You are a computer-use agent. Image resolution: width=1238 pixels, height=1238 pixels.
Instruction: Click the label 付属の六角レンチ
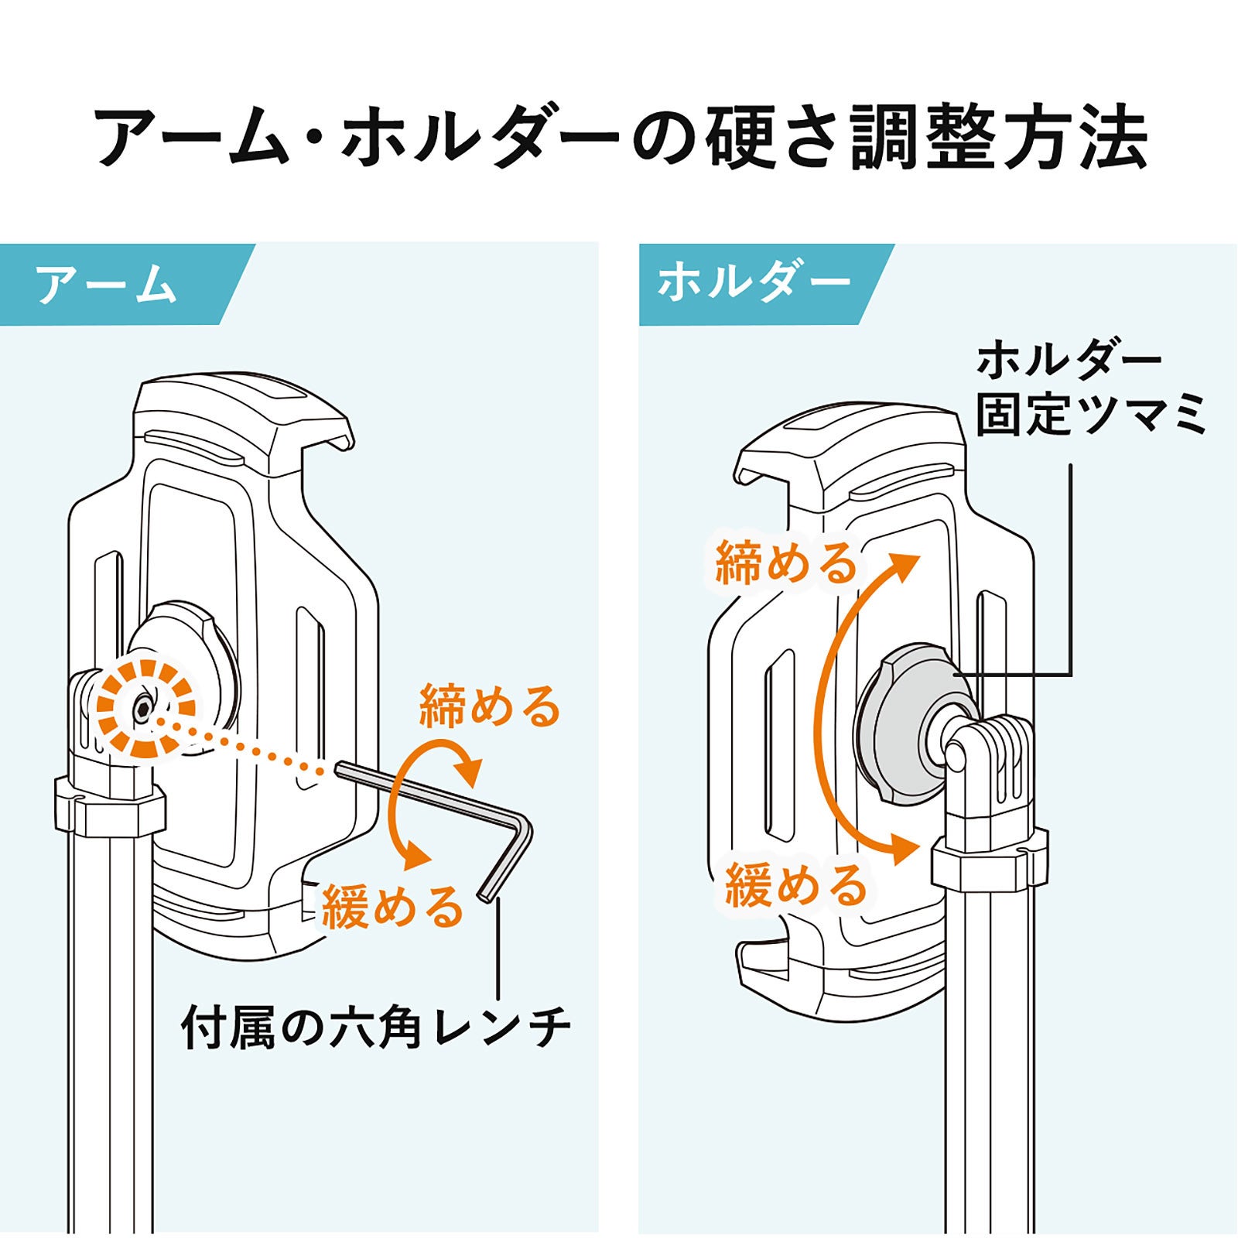point(376,1028)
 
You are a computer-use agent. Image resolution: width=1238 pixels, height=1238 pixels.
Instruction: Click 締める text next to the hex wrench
point(489,706)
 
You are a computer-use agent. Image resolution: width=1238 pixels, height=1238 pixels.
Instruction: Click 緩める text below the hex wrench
point(392,907)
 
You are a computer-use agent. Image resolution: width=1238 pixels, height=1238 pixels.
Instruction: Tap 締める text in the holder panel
point(786,563)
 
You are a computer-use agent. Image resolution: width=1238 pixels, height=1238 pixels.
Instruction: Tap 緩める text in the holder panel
point(795,885)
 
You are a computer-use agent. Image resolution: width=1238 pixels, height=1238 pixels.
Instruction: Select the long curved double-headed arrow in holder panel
point(840,704)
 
